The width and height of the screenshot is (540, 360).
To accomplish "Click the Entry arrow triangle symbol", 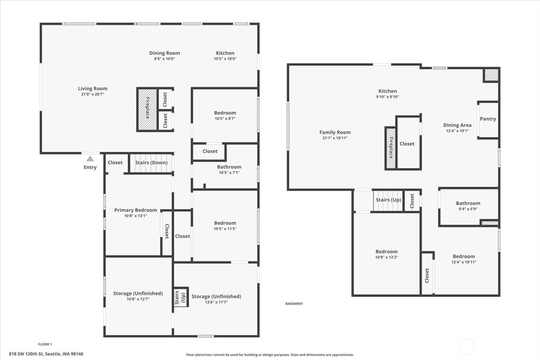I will point(90,158).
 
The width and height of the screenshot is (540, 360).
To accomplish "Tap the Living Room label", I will point(93,89).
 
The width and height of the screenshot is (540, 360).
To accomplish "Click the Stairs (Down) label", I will point(151,162).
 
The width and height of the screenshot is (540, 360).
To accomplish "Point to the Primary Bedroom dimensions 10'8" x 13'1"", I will point(135,216).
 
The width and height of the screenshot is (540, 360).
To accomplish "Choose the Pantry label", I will point(488,119).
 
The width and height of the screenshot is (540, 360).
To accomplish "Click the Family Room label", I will point(335,132).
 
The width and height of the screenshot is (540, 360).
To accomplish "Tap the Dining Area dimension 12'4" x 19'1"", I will point(457,131).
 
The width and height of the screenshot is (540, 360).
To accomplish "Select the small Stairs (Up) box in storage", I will point(180,297).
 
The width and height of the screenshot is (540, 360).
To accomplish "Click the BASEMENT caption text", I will point(294,304).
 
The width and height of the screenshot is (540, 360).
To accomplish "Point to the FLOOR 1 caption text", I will point(45,344).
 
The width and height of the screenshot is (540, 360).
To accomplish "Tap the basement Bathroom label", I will point(468,203).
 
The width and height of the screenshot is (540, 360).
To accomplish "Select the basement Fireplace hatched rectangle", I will point(390,148).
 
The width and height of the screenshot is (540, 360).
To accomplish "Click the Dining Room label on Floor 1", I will point(165,53).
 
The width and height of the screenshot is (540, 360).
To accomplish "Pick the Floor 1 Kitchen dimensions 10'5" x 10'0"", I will point(225,59).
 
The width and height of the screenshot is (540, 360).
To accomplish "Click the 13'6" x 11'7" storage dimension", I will point(216,302).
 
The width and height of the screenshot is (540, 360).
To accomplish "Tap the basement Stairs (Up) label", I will point(388,200).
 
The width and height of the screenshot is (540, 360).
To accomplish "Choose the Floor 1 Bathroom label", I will point(229,167).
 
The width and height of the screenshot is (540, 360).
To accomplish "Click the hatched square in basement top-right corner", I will point(491,75).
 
